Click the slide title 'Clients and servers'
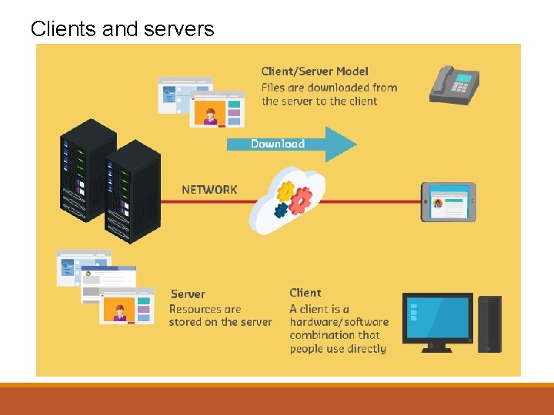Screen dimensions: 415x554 pos(122,29)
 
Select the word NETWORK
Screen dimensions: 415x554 pos(209,189)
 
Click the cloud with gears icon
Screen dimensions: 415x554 pos(288,200)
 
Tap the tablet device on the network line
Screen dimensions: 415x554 pos(448,202)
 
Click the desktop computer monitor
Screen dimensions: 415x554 pos(437,320)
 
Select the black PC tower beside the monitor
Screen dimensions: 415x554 pos(489,323)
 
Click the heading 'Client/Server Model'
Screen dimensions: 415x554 pos(315,71)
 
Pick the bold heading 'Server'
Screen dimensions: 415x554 pos(188,294)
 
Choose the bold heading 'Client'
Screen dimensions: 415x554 pos(305,292)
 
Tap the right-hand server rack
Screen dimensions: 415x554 pos(132,192)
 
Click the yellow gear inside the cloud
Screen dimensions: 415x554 pos(285,191)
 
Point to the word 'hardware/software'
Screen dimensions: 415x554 pos(339,322)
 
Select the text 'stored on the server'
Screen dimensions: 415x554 pos(220,322)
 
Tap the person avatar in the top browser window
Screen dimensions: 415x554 pos(210,115)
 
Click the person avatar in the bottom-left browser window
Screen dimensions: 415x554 pos(120,312)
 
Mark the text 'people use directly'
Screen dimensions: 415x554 pos(338,348)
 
